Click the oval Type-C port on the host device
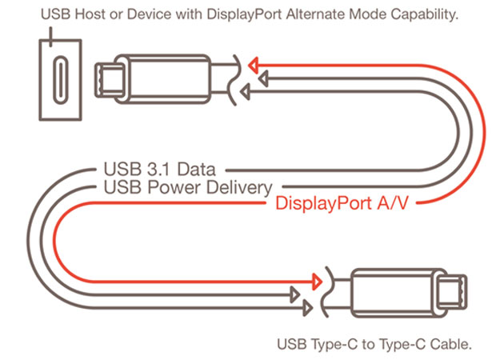tap(61, 80)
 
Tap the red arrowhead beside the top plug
tap(254, 66)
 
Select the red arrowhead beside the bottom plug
tap(317, 282)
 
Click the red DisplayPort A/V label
tap(342, 203)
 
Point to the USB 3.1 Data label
tap(159, 169)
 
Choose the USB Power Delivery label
tap(188, 187)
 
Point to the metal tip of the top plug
tap(110, 80)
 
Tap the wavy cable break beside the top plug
tap(234, 80)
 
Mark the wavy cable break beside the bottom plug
tap(327, 292)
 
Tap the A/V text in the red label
tap(393, 203)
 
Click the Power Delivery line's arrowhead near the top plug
tap(264, 78)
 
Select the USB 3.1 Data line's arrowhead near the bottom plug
tap(307, 308)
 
